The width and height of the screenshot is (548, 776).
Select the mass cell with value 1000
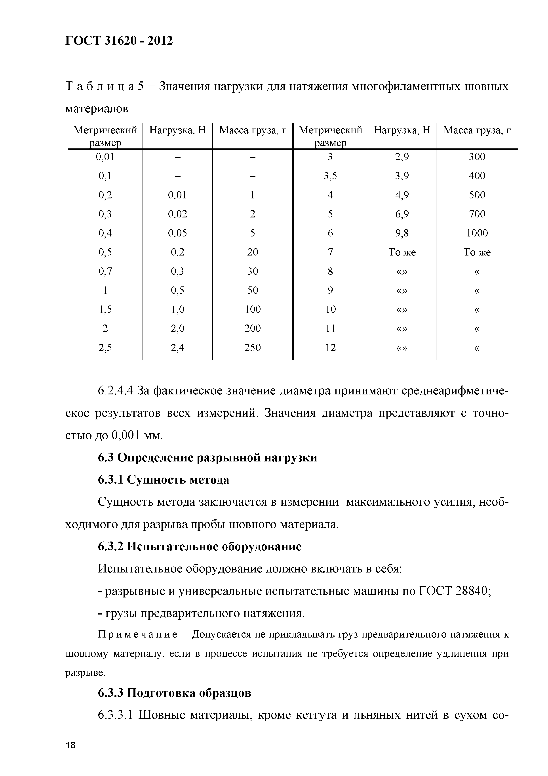[x=477, y=233]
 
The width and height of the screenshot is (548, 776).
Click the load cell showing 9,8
[x=402, y=233]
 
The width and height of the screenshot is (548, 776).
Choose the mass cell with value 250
[x=253, y=348]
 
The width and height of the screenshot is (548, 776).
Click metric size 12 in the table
[x=330, y=348]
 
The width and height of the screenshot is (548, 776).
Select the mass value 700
[x=477, y=214]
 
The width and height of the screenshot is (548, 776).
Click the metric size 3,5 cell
[x=330, y=176]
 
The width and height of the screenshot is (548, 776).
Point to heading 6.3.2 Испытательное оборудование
[x=200, y=547]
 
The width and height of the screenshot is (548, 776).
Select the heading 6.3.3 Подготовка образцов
[x=175, y=693]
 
